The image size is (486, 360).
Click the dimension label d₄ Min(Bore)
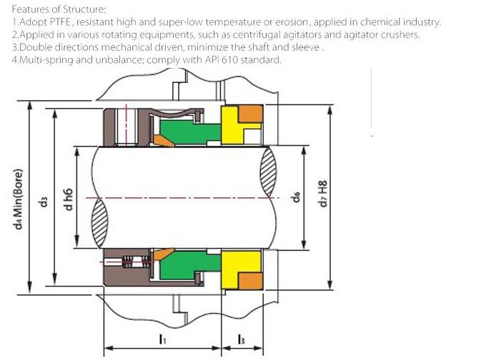[x=19, y=199]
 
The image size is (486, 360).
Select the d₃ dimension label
[x=44, y=201]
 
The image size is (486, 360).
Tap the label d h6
[x=68, y=199]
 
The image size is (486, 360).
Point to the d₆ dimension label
[x=296, y=196]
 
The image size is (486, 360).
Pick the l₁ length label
[x=162, y=339]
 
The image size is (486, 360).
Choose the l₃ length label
[x=241, y=339]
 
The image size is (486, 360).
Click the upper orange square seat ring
[x=250, y=114]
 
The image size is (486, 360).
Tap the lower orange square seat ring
[x=250, y=281]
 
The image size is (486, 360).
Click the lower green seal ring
[x=189, y=264]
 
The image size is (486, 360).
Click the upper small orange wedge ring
[x=164, y=141]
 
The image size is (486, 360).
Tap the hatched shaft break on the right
[x=268, y=171]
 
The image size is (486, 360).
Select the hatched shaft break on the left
[x=100, y=224]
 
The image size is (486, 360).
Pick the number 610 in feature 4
[x=229, y=59]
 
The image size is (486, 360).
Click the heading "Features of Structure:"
[x=59, y=9]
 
